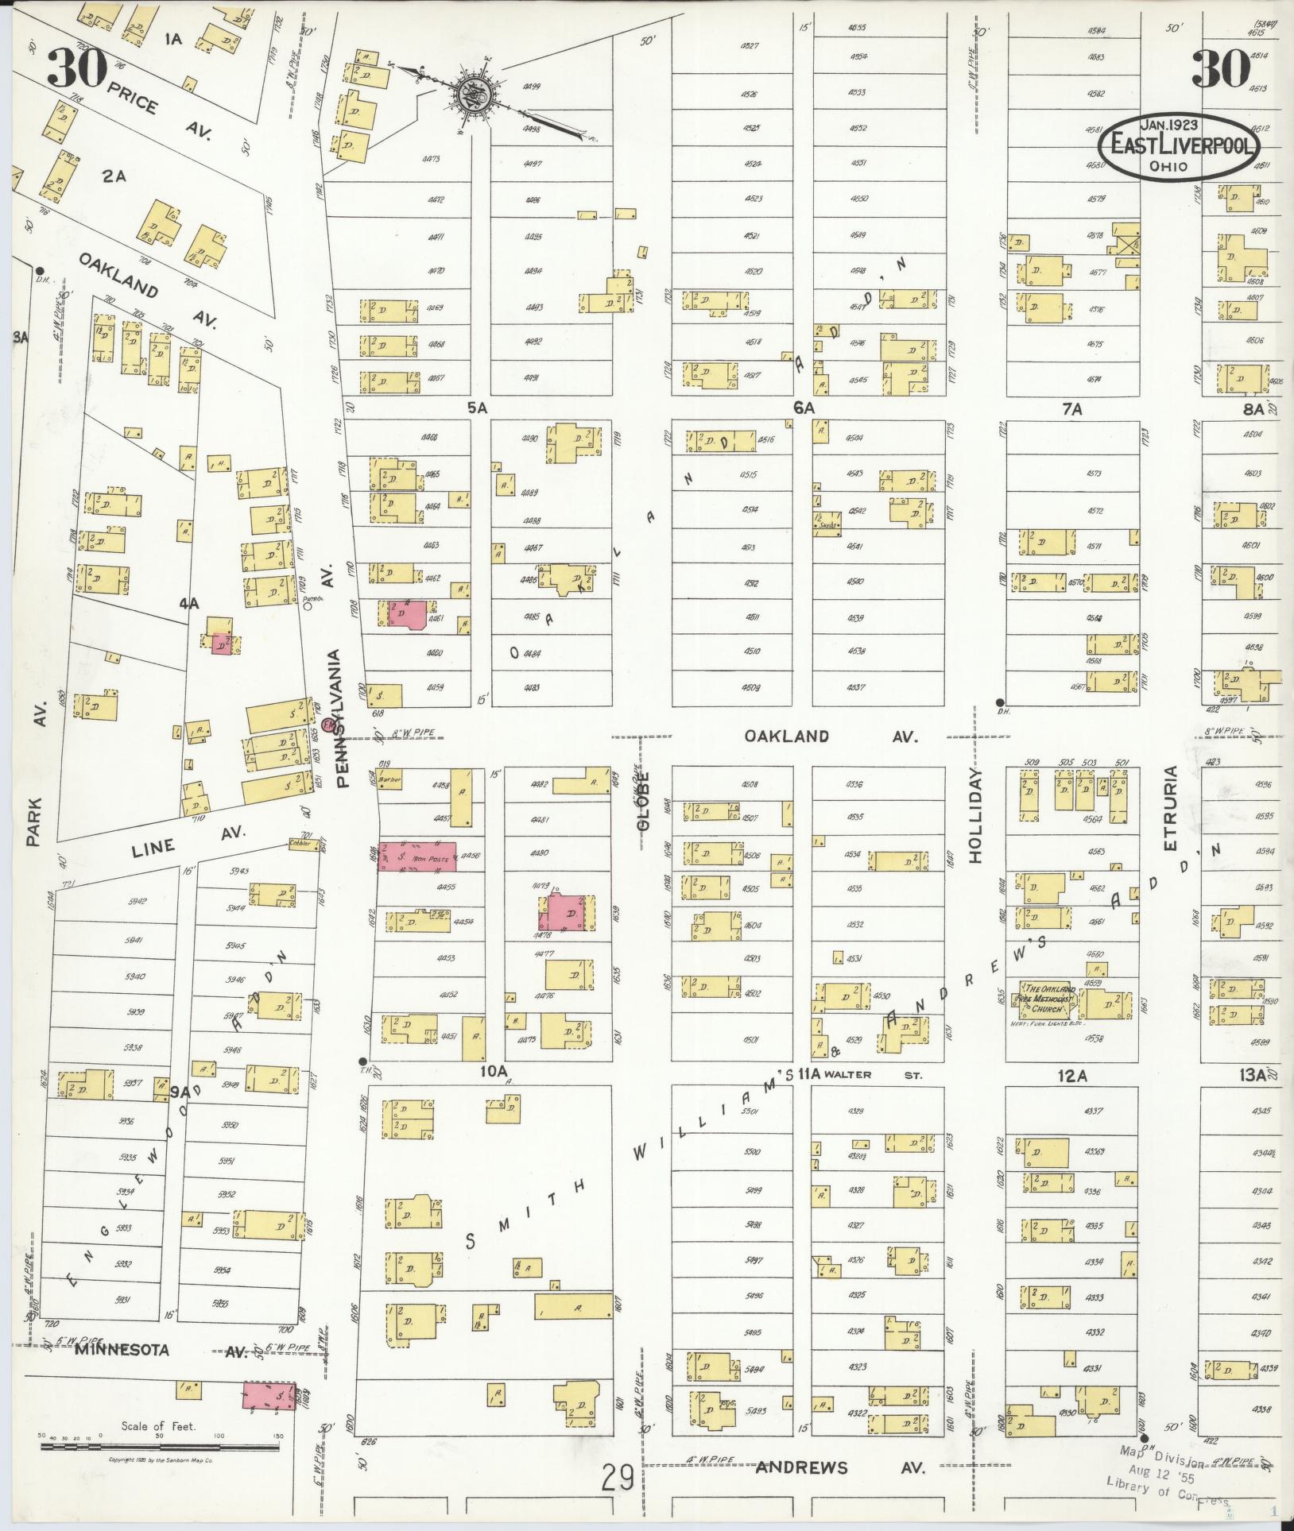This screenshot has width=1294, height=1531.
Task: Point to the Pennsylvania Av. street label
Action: (338, 718)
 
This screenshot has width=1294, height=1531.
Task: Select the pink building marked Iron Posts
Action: (416, 856)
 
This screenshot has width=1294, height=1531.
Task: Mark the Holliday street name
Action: (975, 815)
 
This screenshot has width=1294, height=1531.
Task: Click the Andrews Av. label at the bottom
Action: (840, 1467)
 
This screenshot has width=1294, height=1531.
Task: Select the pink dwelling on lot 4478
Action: (567, 913)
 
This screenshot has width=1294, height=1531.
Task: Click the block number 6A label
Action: (804, 408)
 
